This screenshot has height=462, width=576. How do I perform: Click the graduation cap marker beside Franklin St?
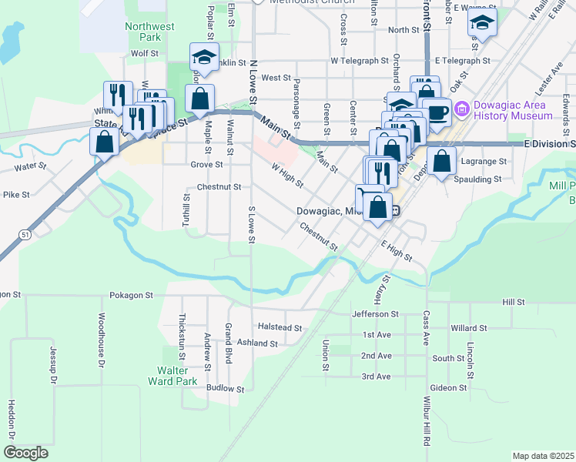(x=204, y=57)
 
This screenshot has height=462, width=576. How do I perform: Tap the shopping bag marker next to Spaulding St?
(x=441, y=162)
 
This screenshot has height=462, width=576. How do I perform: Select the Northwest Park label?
(x=150, y=31)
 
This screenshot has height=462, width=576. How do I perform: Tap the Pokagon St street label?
(x=132, y=295)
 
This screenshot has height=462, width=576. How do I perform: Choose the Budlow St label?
(x=225, y=389)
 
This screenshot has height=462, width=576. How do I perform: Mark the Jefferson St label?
(x=375, y=314)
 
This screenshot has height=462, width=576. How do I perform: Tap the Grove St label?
(x=206, y=164)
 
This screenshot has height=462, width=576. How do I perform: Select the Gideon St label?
(x=448, y=388)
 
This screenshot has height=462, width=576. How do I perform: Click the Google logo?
(x=25, y=453)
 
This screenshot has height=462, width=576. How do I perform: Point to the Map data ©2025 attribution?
(x=543, y=456)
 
